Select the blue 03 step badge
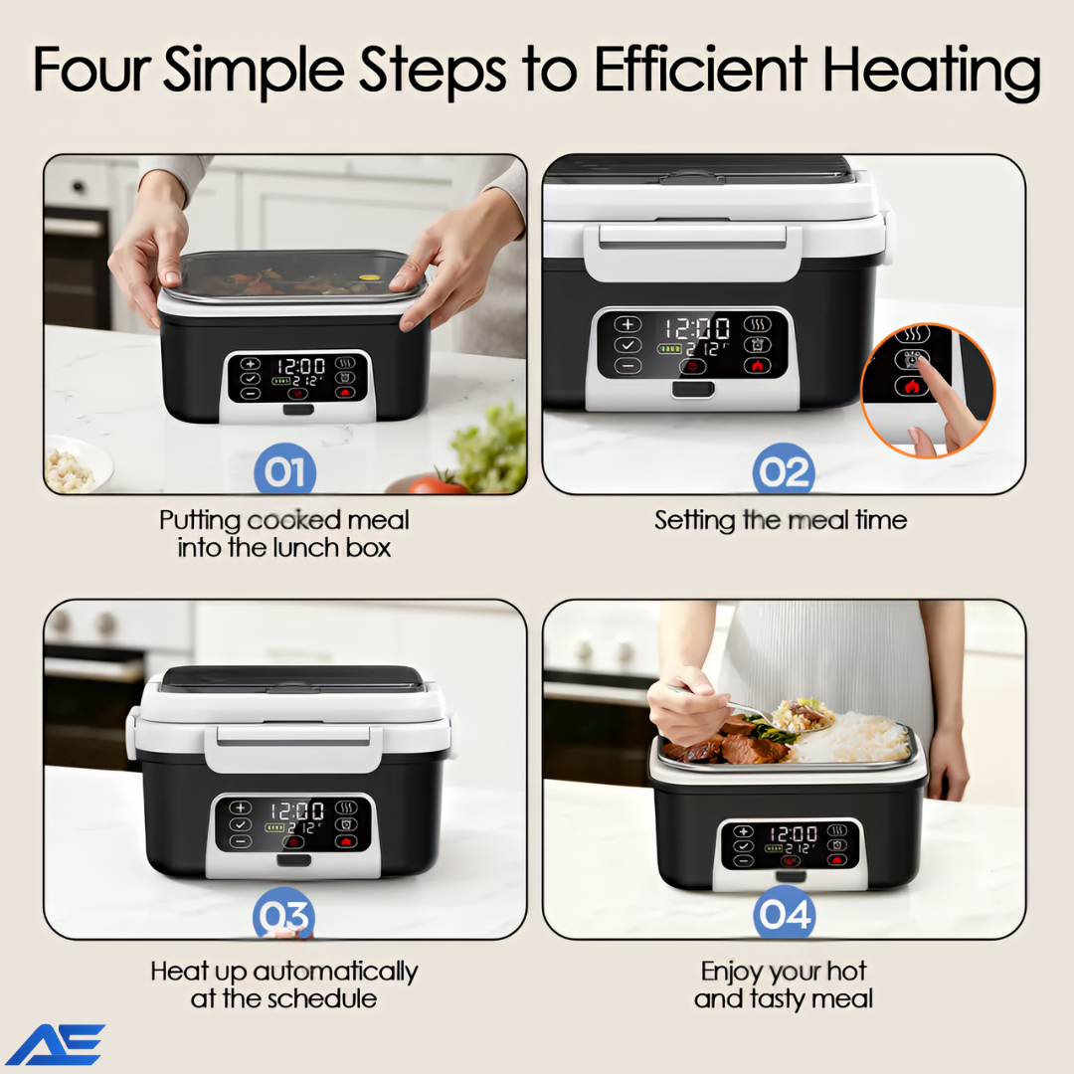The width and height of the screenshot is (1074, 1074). [x=283, y=914]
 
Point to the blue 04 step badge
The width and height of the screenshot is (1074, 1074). [x=785, y=912]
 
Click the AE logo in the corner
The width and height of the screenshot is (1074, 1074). [x=56, y=1044]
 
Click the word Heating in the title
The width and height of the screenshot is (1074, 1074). [x=932, y=72]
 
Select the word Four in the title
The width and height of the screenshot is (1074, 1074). [x=91, y=69]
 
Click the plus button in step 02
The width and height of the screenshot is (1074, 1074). [x=627, y=324]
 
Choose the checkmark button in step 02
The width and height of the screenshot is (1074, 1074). [x=627, y=344]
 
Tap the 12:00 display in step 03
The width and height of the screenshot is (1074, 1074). [x=296, y=811]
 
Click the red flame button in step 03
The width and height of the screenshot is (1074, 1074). [x=346, y=841]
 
